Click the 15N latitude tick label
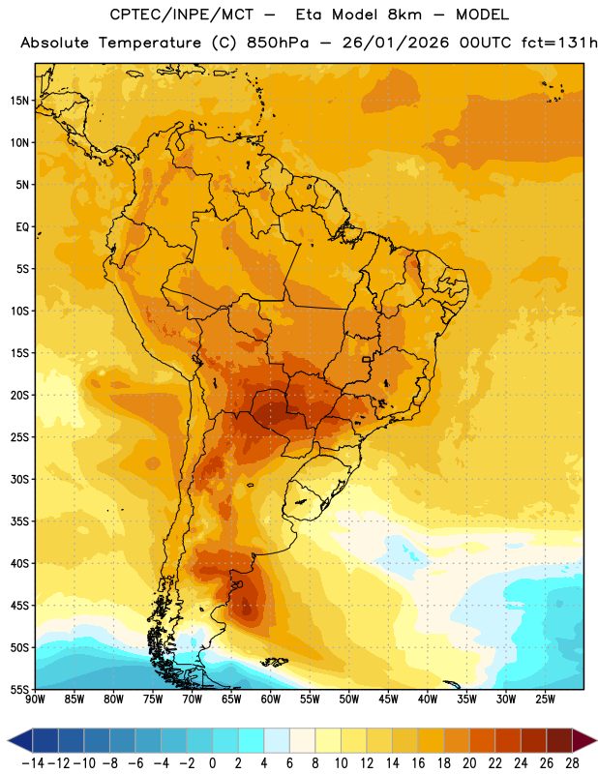pos(19,101)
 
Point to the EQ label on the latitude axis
pos(22,227)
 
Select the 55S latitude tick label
pos(19,689)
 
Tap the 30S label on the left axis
pos(19,479)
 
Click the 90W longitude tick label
pos(35,699)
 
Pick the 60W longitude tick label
pos(271,699)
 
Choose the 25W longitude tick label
pos(545,699)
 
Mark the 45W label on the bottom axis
pos(388,699)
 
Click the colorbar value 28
pos(572,763)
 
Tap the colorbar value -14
pos(33,763)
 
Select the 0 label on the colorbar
pos(212,763)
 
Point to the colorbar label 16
pos(418,763)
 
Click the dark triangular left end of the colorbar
pos(20,740)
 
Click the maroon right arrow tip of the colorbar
pos(584,740)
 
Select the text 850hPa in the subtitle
pos(278,43)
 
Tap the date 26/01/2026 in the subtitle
pos(396,43)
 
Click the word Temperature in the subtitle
pos(150,43)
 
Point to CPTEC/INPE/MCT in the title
pos(181,15)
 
